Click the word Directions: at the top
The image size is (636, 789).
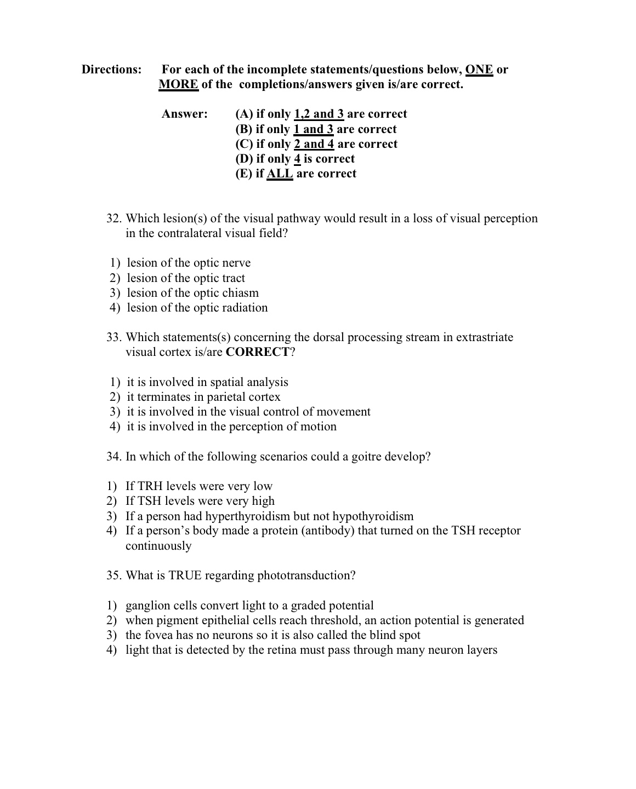pos(112,70)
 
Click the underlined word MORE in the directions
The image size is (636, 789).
pos(178,84)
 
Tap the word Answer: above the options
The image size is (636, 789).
pos(185,114)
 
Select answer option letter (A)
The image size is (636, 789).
pos(244,114)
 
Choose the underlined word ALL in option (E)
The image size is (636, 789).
pos(280,174)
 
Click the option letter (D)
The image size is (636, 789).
pos(244,159)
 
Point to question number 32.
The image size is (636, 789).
pos(114,218)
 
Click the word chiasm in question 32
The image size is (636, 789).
pos(240,293)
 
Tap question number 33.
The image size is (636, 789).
pos(114,337)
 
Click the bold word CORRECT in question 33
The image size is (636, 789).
pos(257,352)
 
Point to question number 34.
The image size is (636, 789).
pos(114,457)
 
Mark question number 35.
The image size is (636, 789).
pos(114,575)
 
